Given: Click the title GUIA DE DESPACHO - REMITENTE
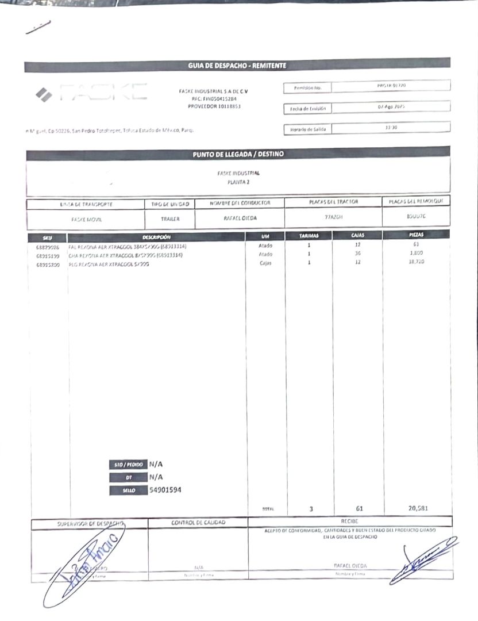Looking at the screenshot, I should point(237,66).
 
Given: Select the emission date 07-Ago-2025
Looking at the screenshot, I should point(391,108).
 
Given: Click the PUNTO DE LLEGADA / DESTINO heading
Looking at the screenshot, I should point(238,154).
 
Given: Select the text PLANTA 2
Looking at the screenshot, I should point(238,182).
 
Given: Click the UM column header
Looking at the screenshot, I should point(265,236).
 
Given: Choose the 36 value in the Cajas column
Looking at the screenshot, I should point(357,254).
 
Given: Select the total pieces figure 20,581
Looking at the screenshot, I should point(418,508).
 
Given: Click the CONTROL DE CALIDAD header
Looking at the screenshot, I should point(198,523).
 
